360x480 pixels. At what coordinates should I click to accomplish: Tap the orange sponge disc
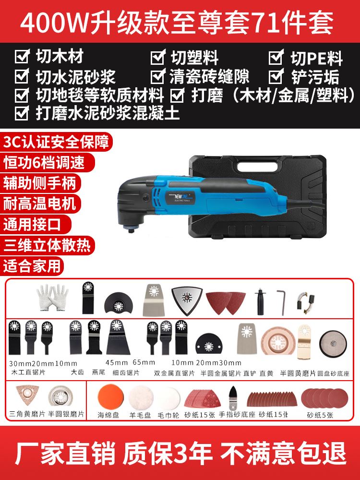tap(108, 398)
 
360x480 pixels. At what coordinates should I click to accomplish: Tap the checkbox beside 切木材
tap(22, 58)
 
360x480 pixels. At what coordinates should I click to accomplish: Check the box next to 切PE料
tap(275, 58)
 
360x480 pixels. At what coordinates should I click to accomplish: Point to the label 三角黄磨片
tap(28, 414)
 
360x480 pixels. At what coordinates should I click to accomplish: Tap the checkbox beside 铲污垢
tap(275, 76)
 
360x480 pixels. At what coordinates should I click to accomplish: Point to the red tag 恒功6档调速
tap(44, 162)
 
